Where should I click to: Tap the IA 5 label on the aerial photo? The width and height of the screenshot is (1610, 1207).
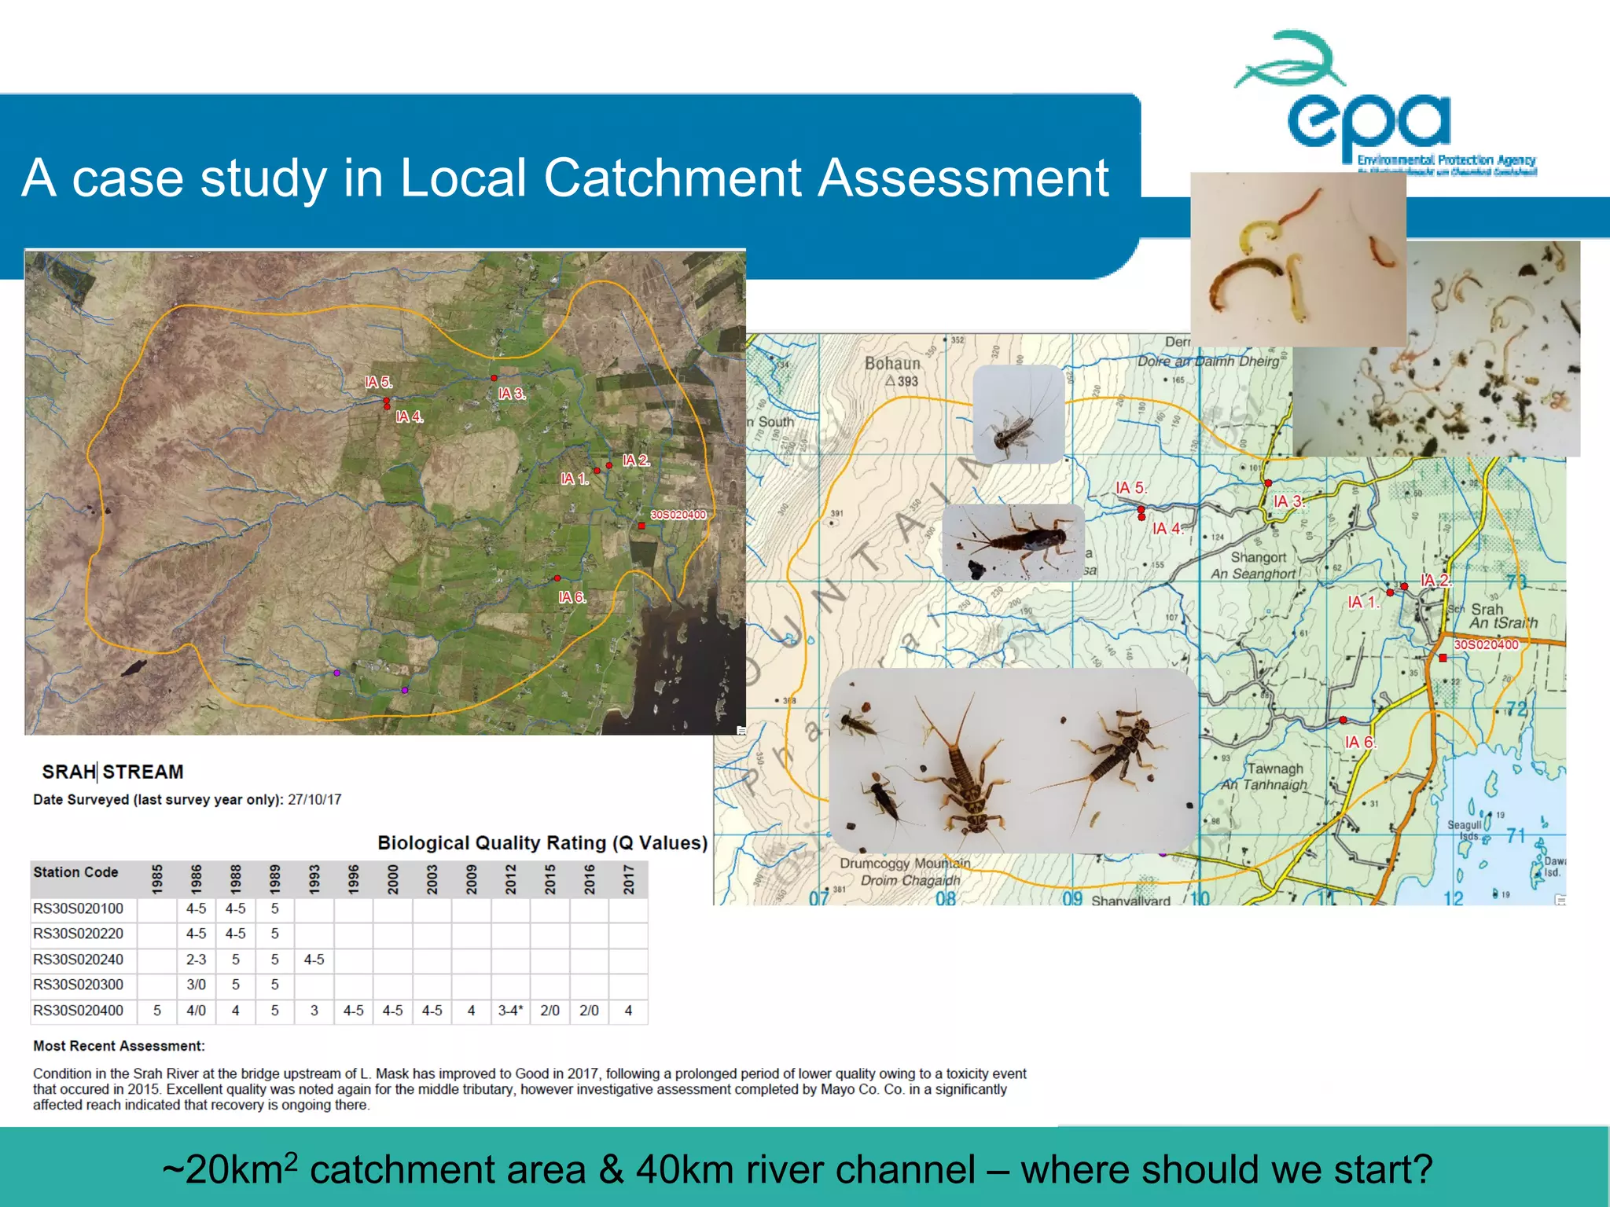tap(377, 383)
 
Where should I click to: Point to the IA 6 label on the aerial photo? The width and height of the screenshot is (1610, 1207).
tap(572, 597)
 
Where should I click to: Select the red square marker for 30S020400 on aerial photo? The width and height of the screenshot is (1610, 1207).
tap(641, 526)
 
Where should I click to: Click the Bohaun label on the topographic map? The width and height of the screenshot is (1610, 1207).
tap(892, 364)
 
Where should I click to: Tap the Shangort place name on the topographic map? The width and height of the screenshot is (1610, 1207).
tap(1259, 557)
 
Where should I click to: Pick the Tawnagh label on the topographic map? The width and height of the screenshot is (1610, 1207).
tap(1275, 769)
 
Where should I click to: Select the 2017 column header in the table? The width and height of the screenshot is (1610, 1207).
tap(629, 879)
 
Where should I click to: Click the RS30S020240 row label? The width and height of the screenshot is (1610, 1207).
tap(79, 959)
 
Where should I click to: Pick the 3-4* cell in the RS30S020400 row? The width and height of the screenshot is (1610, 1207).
tap(510, 1011)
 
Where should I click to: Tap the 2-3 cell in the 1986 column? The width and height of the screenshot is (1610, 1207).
tap(196, 959)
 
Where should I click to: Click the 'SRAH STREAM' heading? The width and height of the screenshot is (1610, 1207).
tap(112, 772)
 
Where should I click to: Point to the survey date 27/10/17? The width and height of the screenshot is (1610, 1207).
tap(314, 800)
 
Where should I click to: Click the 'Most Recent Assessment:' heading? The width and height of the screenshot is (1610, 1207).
tap(119, 1046)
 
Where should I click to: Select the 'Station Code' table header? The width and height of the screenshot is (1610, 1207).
tap(75, 872)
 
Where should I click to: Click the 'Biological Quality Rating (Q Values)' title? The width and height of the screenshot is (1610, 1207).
tap(542, 843)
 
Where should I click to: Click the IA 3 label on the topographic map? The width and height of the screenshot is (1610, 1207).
tap(1288, 501)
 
